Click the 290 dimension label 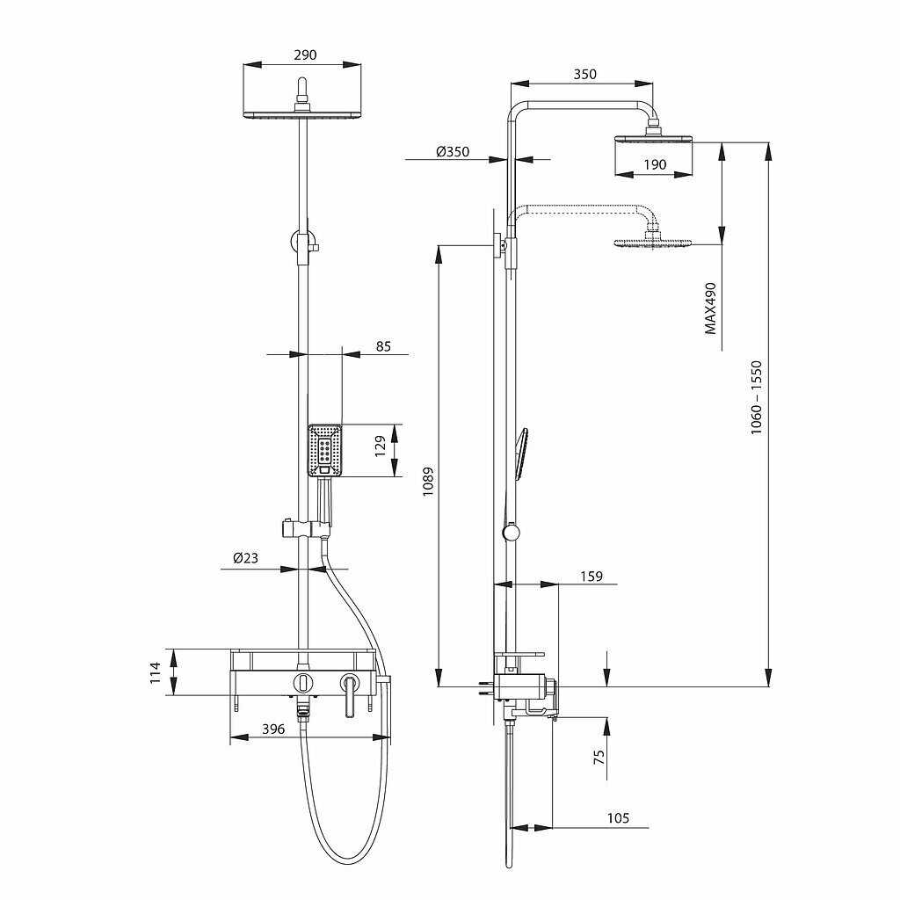coord(305,55)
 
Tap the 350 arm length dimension coord(584,74)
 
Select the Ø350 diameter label coord(453,151)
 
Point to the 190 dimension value coord(655,164)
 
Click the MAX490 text coord(710,308)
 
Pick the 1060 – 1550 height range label coord(757,397)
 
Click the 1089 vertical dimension coord(428,482)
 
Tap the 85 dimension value coord(383,346)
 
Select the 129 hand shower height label coord(381,446)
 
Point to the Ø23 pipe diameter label coord(246,557)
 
